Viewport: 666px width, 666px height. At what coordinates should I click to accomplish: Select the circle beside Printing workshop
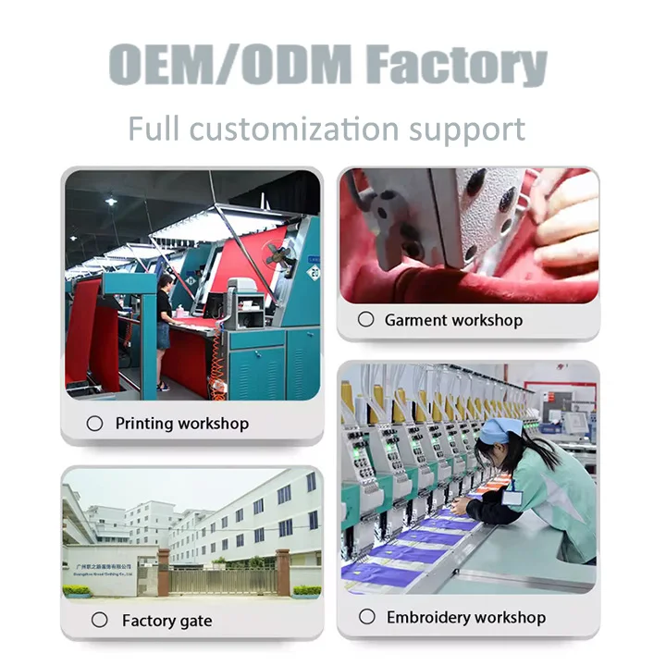94,424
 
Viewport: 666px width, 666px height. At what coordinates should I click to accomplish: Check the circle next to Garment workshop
366,319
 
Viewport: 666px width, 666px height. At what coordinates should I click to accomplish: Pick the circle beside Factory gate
99,621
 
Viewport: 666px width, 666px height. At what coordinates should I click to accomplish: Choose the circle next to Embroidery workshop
367,616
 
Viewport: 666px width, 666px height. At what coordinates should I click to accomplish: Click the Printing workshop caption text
181,424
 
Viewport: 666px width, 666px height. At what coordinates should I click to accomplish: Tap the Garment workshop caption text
453,320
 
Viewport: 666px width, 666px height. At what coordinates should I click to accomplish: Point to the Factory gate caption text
166,622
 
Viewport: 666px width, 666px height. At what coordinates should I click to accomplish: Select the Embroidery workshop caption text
466,617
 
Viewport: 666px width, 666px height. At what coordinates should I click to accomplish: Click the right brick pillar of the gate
282,573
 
